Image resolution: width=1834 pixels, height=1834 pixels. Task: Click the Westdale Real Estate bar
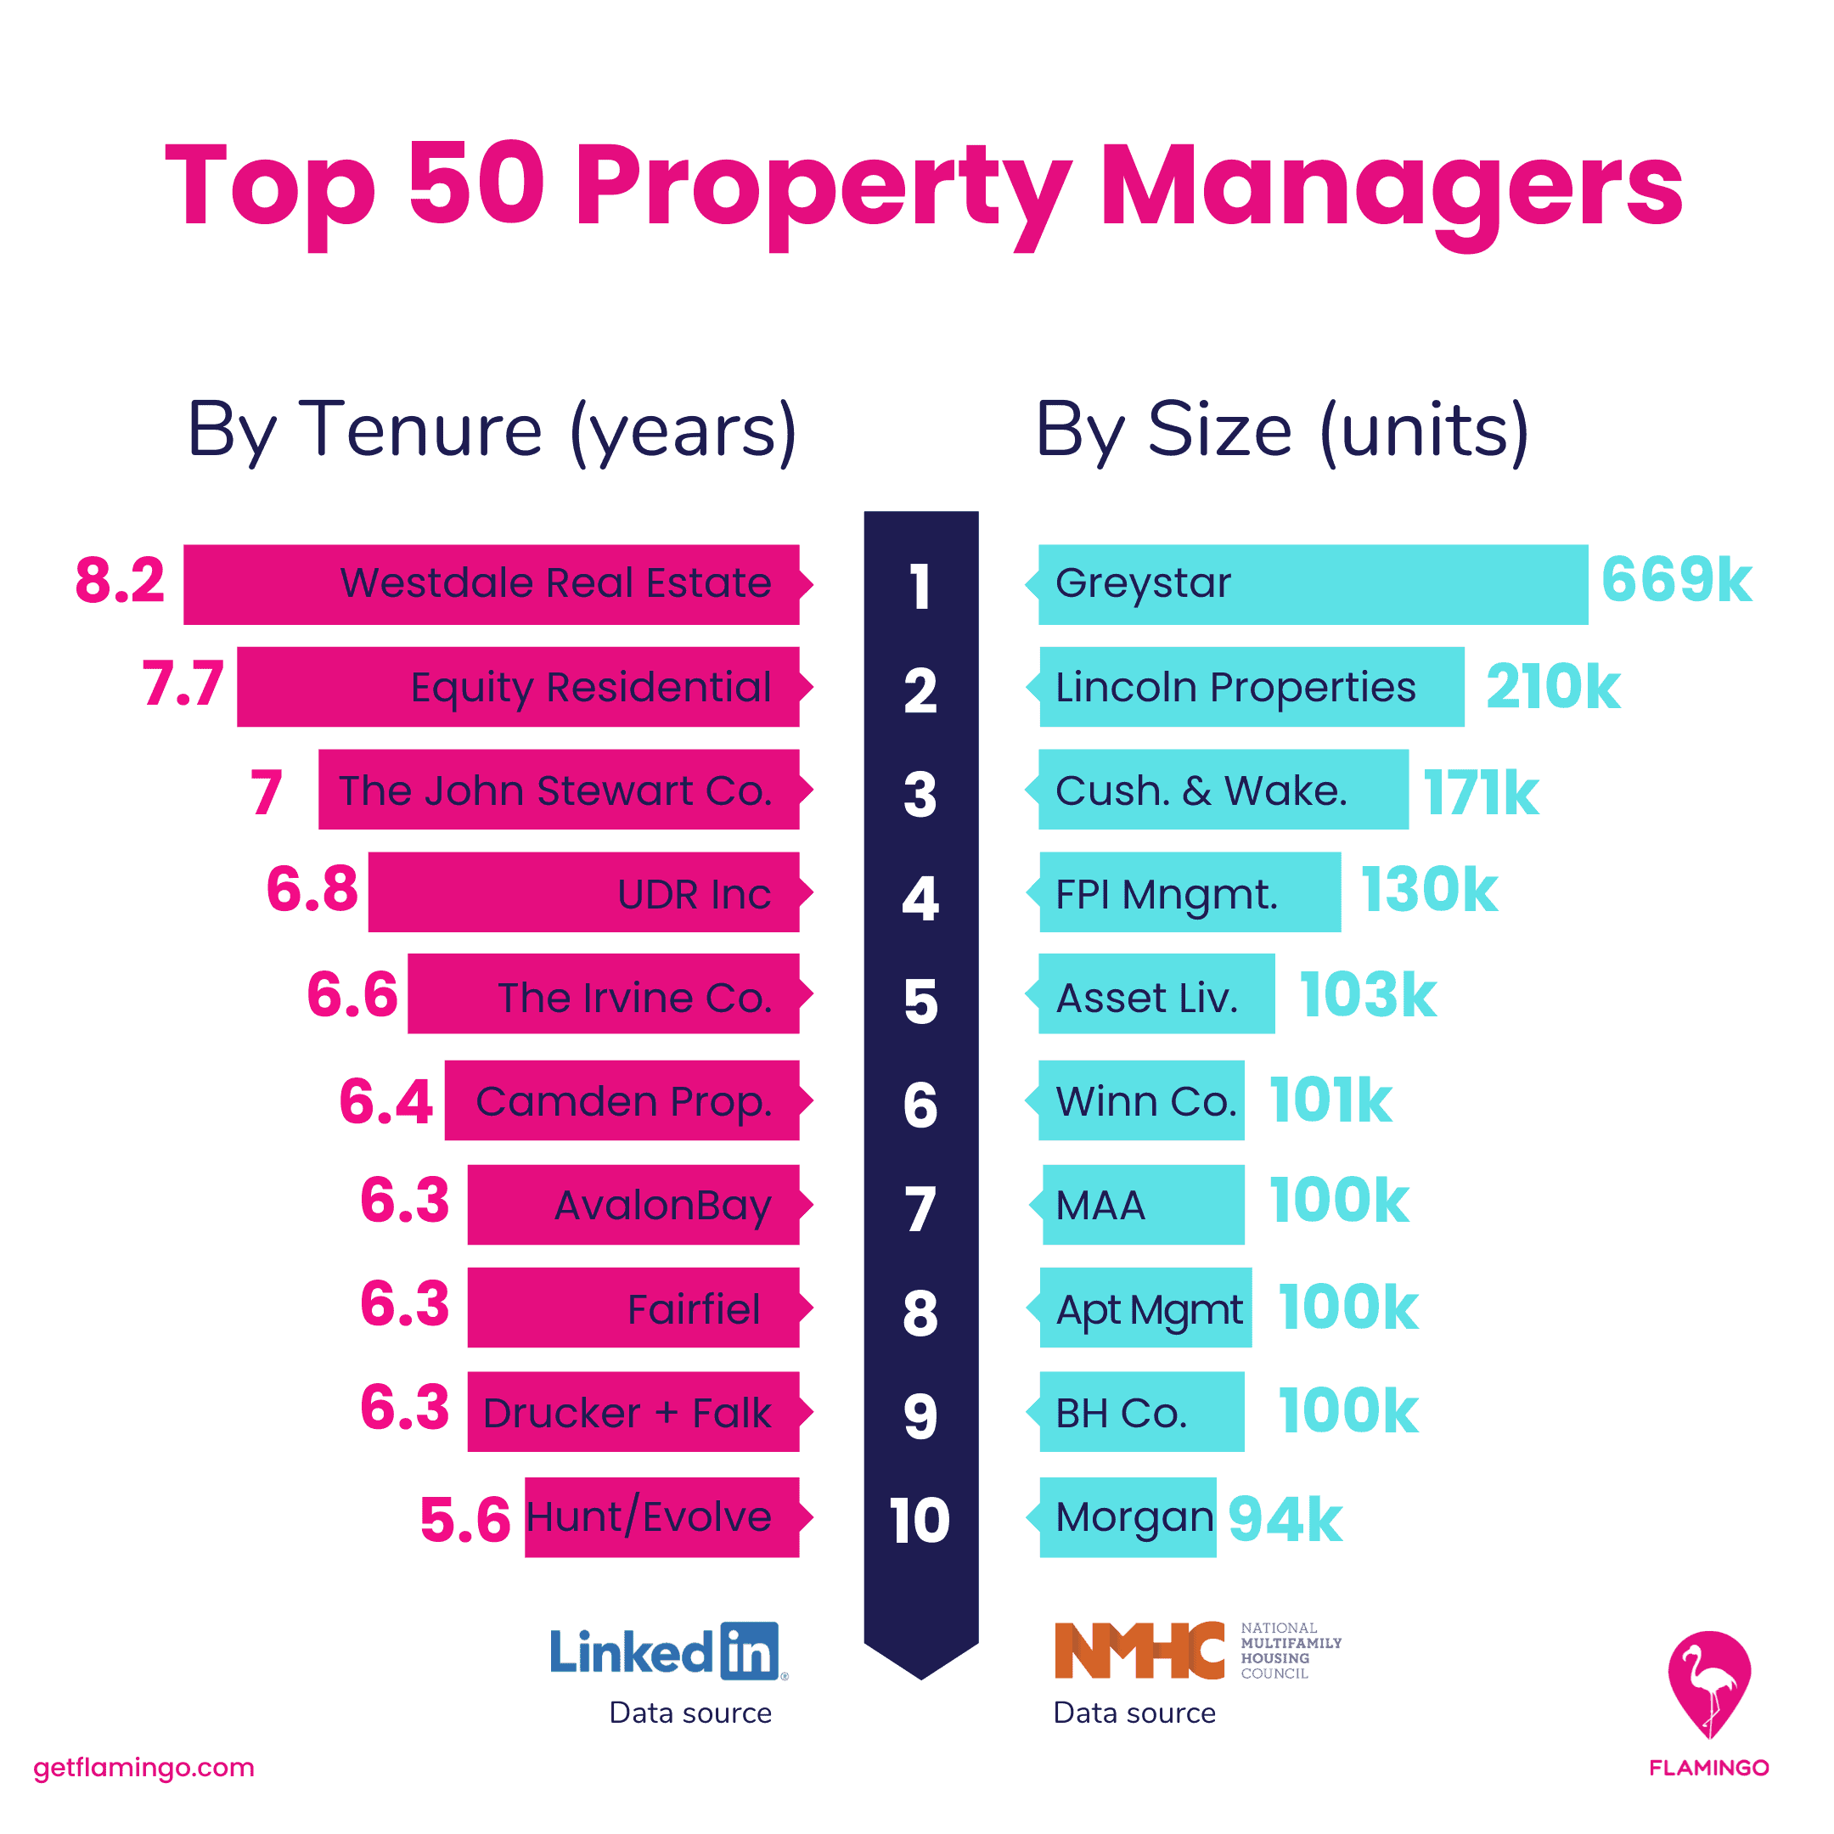pyautogui.click(x=491, y=584)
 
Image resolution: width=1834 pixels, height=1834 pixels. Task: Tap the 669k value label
pyautogui.click(x=1675, y=580)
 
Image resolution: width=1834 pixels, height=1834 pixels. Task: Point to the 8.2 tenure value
pyautogui.click(x=120, y=580)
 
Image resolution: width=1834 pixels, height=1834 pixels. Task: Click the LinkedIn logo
pyautogui.click(x=668, y=1651)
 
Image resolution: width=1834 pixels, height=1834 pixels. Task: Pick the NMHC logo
pyautogui.click(x=1197, y=1651)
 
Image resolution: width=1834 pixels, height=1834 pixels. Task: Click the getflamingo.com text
pyautogui.click(x=143, y=1767)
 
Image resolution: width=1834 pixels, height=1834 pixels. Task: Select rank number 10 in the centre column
pyautogui.click(x=920, y=1520)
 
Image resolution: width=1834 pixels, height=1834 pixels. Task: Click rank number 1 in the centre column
pyautogui.click(x=920, y=586)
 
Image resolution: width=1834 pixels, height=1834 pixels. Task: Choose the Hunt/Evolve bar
pyautogui.click(x=661, y=1517)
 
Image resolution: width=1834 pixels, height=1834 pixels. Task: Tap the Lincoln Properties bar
pyautogui.click(x=1252, y=686)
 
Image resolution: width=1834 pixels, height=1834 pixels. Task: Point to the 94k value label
pyautogui.click(x=1285, y=1520)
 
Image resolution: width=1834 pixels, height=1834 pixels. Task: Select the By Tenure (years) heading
pyautogui.click(x=492, y=430)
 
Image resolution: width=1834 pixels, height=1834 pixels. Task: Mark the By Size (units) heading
pyautogui.click(x=1281, y=430)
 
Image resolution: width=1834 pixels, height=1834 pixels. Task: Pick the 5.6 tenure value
pyautogui.click(x=465, y=1520)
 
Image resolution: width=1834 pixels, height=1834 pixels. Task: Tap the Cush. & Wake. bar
pyautogui.click(x=1223, y=790)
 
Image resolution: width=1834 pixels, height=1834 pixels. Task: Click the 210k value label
pyautogui.click(x=1552, y=686)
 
